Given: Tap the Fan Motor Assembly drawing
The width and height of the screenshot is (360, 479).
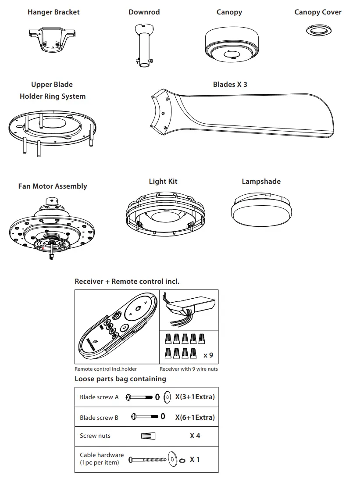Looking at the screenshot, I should (51, 226).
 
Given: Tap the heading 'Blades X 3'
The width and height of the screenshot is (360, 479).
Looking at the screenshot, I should (230, 84).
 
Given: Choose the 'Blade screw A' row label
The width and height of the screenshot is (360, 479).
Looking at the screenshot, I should (99, 397).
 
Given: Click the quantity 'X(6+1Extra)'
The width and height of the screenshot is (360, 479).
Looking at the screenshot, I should (195, 418).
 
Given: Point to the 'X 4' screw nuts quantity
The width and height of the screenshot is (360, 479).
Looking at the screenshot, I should (195, 436).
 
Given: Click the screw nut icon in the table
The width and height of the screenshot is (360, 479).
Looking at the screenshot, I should (148, 436).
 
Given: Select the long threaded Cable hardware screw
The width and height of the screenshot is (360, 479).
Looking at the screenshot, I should (148, 460).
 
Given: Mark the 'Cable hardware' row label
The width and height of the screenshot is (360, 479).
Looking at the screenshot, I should (102, 455).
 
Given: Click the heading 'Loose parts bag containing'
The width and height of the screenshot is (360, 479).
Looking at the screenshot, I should (120, 379).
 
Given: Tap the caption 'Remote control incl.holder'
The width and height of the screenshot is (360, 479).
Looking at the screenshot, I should (106, 369).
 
